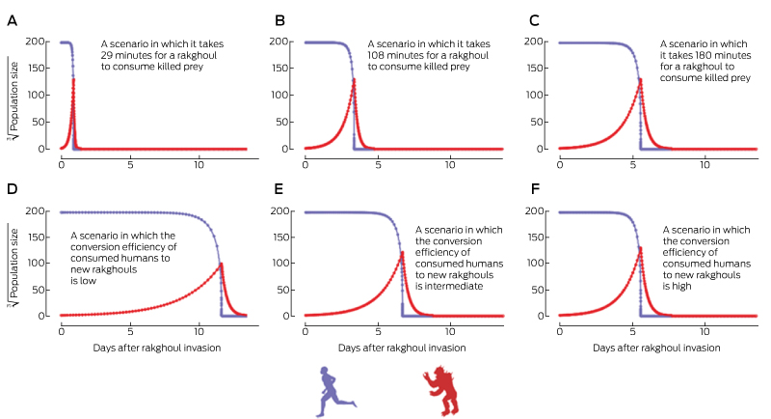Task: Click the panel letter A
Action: pos(12,20)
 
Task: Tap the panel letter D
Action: pos(12,187)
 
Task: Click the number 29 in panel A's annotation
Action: pos(109,58)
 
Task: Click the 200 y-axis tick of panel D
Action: pos(40,211)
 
